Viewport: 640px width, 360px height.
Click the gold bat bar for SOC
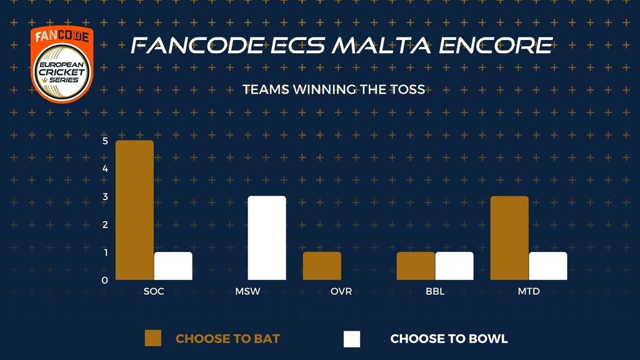tap(135, 210)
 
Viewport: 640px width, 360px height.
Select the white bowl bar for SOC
tap(173, 266)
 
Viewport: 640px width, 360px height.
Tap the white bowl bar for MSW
tap(267, 238)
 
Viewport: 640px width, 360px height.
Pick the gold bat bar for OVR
tap(322, 266)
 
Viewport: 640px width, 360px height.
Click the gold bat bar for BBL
tap(416, 266)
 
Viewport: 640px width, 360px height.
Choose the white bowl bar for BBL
tap(454, 266)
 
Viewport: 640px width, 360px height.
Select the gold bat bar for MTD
tap(509, 238)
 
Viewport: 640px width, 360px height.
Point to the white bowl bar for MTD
tap(548, 266)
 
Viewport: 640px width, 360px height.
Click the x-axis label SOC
tap(154, 291)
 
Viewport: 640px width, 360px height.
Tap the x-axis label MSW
tap(247, 291)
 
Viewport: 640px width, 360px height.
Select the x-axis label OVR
tap(341, 291)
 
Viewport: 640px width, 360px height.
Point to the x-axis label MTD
tap(529, 291)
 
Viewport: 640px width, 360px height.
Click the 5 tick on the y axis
tap(105, 141)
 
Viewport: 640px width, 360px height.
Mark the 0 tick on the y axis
tap(105, 281)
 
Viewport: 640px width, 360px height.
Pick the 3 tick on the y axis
tap(105, 197)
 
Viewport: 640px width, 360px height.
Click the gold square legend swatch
tap(153, 338)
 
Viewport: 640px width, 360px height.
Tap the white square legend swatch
tap(352, 339)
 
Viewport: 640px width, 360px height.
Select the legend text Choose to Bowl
tap(449, 339)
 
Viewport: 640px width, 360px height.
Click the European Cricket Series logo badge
tap(62, 64)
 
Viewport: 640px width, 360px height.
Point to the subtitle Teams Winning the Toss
tap(334, 89)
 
